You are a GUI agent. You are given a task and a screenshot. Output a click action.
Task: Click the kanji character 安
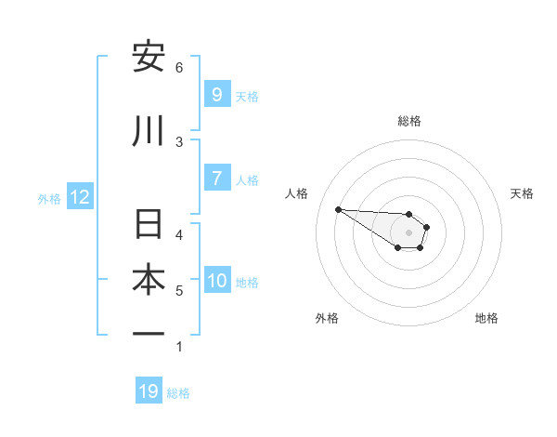(149, 58)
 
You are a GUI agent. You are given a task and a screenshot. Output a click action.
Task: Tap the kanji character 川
(149, 131)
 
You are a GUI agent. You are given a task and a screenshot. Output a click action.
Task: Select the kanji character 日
(149, 225)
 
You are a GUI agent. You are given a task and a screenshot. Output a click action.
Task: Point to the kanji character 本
(149, 280)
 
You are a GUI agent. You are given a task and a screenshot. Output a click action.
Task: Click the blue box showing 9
(216, 95)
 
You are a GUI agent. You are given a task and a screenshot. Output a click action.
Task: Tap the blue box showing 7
(216, 179)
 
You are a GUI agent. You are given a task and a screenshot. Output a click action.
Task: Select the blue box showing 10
(217, 281)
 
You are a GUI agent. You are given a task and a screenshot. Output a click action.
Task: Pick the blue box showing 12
(79, 197)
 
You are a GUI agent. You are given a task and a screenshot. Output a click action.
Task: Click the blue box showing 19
(149, 391)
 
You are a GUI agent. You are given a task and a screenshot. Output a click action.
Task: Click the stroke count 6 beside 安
(179, 67)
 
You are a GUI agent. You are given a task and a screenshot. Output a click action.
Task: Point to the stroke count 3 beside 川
(179, 141)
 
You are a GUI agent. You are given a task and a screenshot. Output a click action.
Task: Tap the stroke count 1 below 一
(179, 347)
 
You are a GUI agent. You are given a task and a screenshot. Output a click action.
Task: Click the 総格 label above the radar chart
(409, 121)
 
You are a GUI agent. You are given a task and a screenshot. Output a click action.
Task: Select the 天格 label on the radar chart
(522, 193)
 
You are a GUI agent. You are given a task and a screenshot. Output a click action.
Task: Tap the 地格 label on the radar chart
(486, 318)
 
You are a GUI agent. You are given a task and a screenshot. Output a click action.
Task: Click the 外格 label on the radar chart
(327, 318)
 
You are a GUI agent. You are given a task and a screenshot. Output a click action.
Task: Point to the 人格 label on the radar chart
(297, 193)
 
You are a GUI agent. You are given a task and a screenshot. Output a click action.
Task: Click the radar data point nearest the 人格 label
(338, 209)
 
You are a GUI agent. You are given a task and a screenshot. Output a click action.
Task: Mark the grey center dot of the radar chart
(409, 232)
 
